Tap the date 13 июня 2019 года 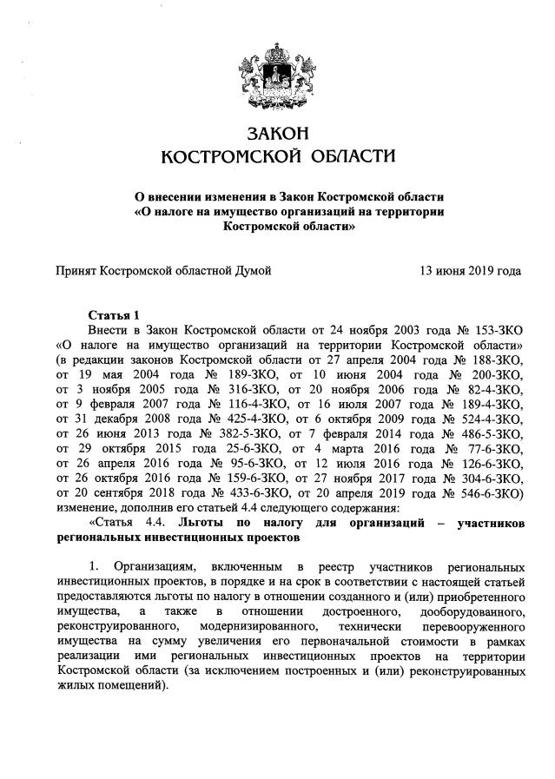[x=471, y=271]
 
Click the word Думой [x=252, y=271]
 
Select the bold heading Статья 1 [x=113, y=314]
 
